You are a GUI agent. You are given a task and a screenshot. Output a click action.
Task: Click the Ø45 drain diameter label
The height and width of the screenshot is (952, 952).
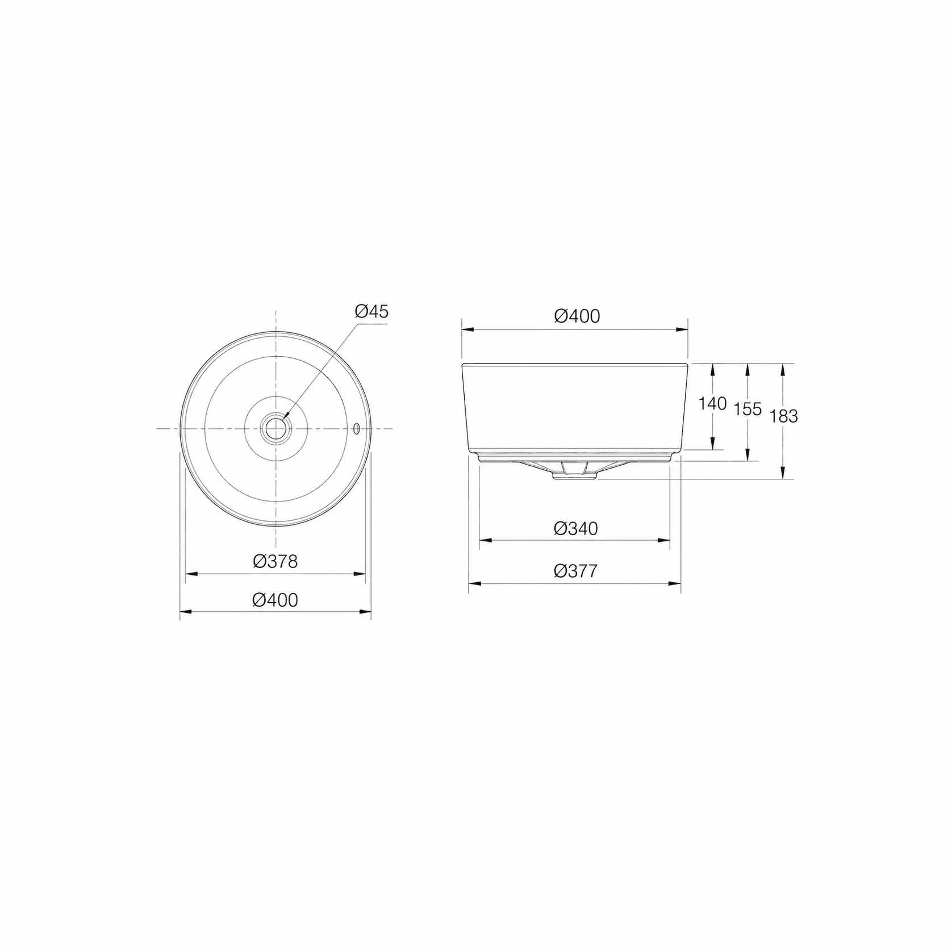coord(371,311)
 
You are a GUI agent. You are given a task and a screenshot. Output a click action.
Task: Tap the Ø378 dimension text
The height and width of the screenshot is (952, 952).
coord(275,562)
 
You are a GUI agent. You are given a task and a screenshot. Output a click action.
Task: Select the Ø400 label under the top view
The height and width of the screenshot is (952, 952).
coord(275,600)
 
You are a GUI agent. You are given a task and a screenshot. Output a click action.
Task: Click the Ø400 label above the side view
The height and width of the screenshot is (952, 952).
coord(577,316)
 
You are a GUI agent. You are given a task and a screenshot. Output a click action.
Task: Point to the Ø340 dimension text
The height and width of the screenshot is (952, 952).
coord(576,529)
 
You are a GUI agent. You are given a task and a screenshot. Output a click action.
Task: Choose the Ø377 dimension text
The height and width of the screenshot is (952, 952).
coord(576,571)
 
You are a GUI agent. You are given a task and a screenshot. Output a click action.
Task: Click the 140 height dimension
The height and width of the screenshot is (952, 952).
coord(712,404)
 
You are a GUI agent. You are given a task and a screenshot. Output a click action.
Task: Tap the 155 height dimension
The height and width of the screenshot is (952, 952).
coord(748,409)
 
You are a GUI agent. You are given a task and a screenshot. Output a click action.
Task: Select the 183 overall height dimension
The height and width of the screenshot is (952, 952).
coord(784,416)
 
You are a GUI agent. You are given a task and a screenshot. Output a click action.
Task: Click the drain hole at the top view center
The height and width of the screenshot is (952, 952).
coord(276,428)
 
